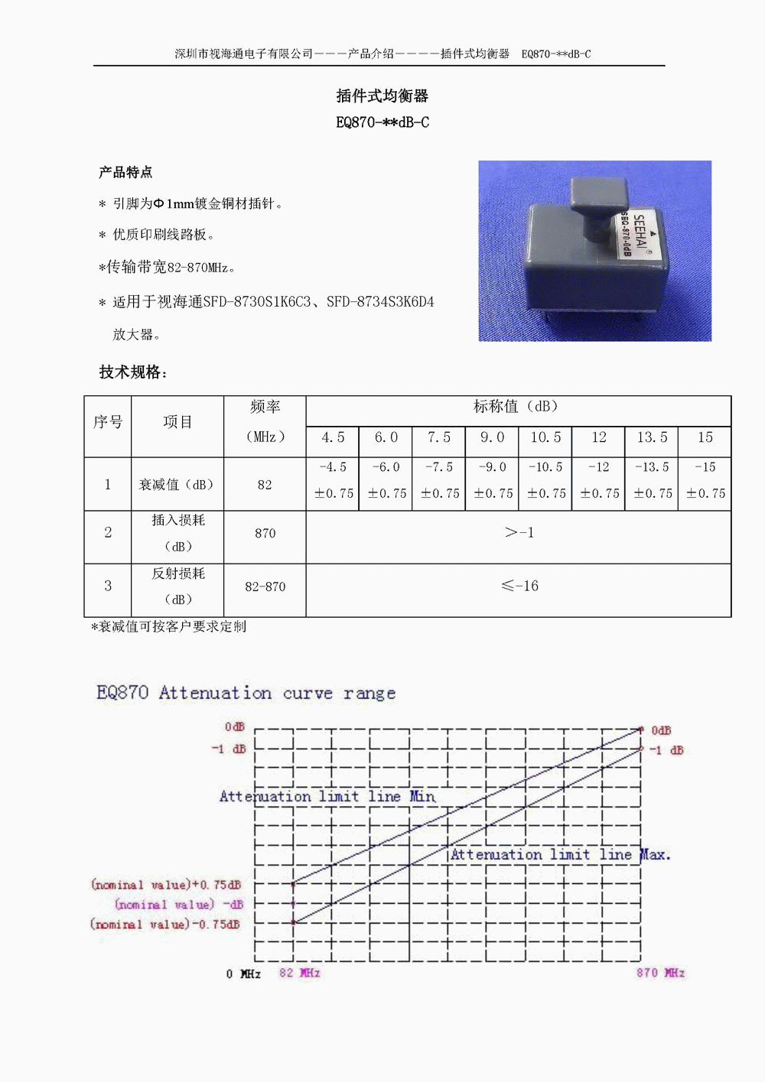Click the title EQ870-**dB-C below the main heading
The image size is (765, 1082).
click(x=382, y=122)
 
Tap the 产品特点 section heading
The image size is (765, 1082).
click(x=125, y=172)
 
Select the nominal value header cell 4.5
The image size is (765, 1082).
click(x=333, y=437)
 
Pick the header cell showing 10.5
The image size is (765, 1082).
click(x=545, y=437)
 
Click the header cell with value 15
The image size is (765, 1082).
click(x=705, y=437)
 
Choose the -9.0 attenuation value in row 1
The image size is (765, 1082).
click(x=492, y=467)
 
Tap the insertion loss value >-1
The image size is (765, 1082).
click(x=519, y=533)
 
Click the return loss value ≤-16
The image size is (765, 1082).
click(x=519, y=586)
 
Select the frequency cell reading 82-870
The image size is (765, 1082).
click(x=265, y=587)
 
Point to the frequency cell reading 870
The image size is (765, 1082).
click(x=265, y=534)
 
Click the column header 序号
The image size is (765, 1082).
click(x=108, y=422)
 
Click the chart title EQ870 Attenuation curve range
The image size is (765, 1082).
click(x=246, y=693)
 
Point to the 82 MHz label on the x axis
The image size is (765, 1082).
click(x=299, y=973)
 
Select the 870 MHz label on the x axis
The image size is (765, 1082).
click(x=660, y=973)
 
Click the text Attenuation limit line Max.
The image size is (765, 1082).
click(x=560, y=855)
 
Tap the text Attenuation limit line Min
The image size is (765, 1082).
click(x=327, y=797)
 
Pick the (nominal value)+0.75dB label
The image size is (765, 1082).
click(x=165, y=885)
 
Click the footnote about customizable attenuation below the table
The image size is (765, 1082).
click(x=169, y=627)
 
